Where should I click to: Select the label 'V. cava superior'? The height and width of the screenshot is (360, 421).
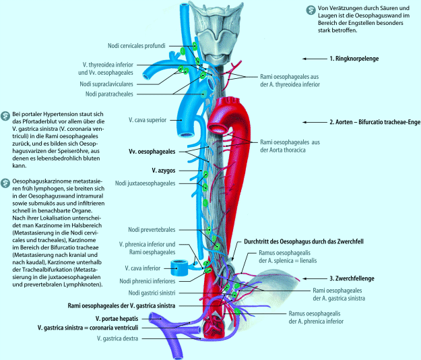pos(149,119)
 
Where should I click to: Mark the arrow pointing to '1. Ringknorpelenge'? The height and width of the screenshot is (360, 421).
pos(314,59)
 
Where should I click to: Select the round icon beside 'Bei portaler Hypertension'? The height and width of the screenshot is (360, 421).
pos(5,116)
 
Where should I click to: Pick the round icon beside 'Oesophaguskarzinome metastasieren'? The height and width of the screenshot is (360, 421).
pos(5,183)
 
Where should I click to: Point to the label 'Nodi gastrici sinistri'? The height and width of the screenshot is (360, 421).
pos(150,292)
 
